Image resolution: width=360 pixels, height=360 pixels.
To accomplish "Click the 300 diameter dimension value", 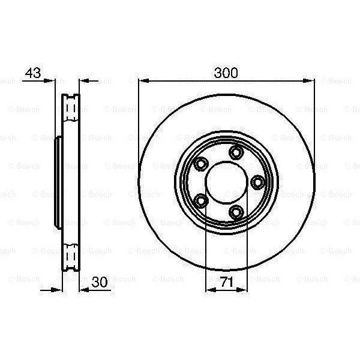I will coord(226,73).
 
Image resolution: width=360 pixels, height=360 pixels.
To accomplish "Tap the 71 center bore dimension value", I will coord(226,283).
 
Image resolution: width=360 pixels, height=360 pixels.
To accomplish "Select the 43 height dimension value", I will coord(32,73).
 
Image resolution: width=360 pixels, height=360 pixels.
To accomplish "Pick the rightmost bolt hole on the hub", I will coord(258,181).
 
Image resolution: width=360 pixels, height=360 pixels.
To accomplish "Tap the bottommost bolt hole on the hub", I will coord(237,211).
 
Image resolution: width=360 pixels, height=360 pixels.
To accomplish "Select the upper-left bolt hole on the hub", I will coord(200,163).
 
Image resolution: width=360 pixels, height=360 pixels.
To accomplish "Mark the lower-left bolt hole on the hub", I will coord(202,200).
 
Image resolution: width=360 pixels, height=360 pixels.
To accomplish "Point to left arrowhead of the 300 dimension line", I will coord(142,80).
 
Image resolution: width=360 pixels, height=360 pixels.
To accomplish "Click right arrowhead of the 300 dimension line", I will coord(310,80).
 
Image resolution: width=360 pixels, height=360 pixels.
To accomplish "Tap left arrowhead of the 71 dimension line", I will coord(209,290).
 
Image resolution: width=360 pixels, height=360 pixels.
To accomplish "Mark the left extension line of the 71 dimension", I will coord(206,252).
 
